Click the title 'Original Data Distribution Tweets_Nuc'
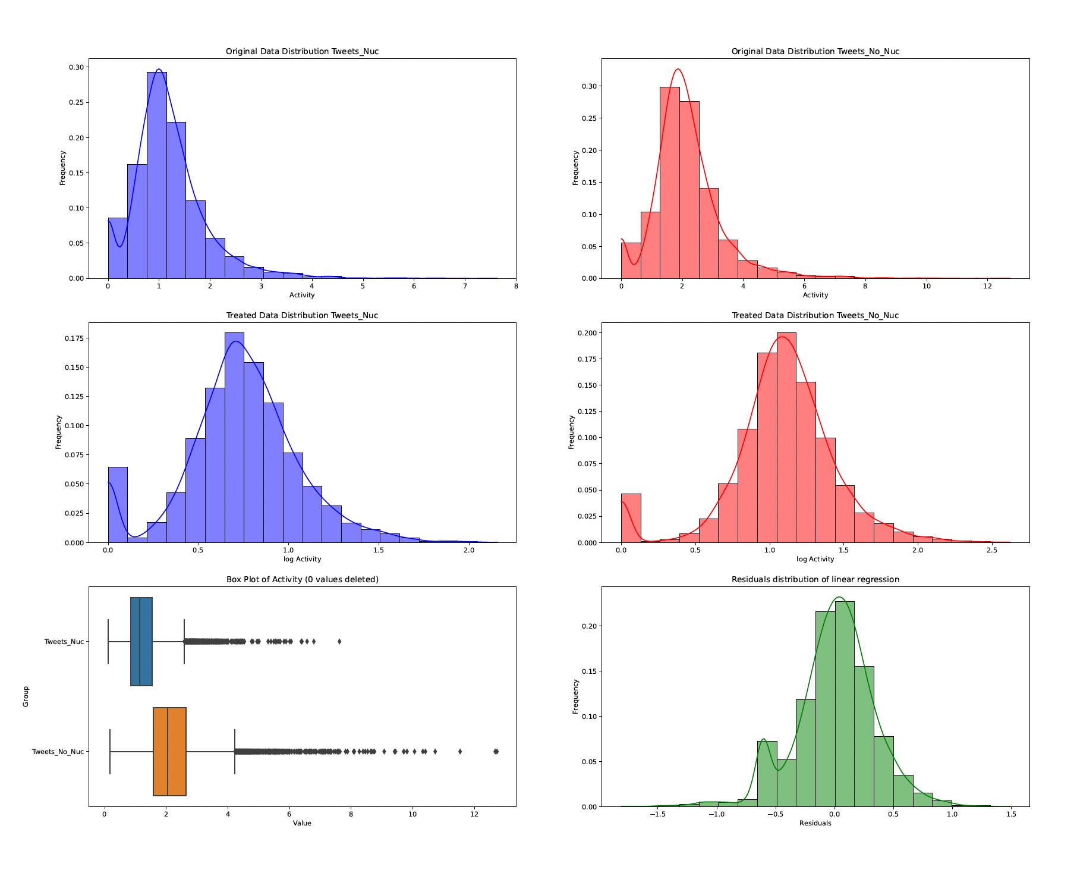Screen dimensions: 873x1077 [302, 51]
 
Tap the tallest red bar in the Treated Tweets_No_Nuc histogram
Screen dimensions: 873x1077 [786, 437]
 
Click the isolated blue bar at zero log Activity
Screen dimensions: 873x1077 [118, 504]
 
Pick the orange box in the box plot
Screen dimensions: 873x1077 [169, 752]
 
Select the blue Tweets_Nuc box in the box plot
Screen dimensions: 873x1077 [141, 642]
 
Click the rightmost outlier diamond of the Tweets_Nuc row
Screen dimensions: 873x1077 [339, 642]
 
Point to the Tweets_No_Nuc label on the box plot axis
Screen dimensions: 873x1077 [58, 752]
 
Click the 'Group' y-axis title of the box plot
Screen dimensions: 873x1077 [26, 696]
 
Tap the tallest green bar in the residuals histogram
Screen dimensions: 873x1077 [845, 704]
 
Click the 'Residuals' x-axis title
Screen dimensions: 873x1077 [815, 823]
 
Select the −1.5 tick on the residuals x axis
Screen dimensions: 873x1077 [659, 815]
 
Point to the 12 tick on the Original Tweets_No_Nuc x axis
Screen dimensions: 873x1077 [987, 287]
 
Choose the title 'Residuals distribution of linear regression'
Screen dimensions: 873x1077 [815, 579]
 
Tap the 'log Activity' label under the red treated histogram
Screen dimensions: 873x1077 [815, 559]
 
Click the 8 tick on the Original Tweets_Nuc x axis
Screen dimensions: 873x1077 [516, 287]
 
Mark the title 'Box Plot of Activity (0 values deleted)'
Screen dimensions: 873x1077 [302, 579]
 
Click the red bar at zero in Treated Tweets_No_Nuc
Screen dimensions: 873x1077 [631, 518]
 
